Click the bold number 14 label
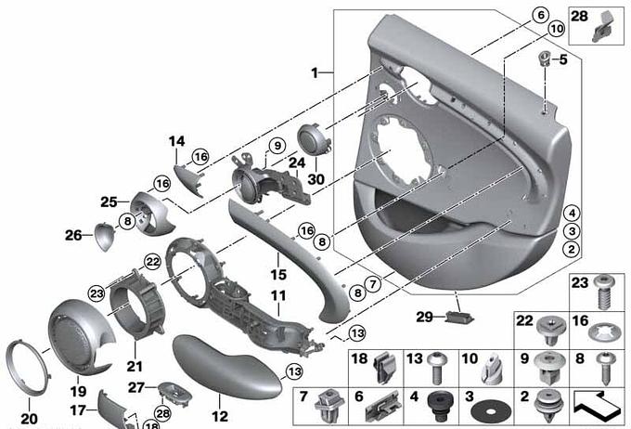[176, 141]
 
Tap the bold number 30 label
[315, 179]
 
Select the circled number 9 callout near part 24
[277, 146]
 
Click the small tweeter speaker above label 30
[314, 139]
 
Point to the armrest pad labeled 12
[227, 368]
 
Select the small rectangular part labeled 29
[459, 318]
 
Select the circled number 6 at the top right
[540, 15]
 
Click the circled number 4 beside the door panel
[572, 213]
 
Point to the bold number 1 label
[315, 73]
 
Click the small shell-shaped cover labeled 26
[106, 237]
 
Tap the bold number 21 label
[135, 366]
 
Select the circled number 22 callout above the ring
[152, 262]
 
